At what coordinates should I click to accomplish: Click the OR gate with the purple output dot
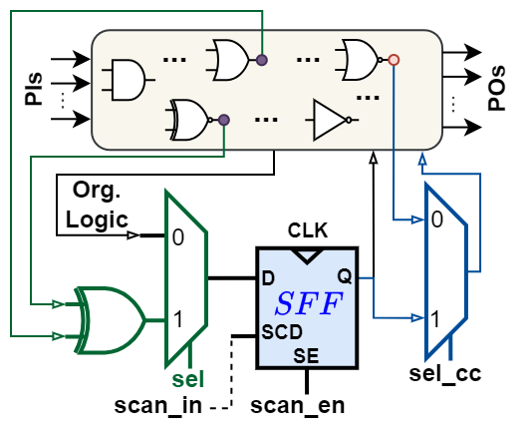click(229, 60)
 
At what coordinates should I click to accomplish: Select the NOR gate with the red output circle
click(359, 60)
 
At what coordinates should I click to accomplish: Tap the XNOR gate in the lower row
click(190, 119)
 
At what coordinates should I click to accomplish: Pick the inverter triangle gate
click(330, 119)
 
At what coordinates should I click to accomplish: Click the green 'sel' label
click(187, 379)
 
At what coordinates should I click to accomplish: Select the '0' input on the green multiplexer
click(177, 237)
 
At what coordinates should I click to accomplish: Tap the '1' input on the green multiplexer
click(177, 320)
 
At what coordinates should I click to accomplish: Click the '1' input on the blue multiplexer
click(435, 319)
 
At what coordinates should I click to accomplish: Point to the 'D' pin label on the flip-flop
click(267, 277)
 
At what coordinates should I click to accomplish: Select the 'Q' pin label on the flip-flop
click(344, 276)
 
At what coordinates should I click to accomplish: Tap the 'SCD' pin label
click(278, 331)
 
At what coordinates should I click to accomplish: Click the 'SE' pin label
click(306, 354)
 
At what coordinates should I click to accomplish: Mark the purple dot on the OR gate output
click(261, 60)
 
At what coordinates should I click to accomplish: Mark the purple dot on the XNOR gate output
click(223, 120)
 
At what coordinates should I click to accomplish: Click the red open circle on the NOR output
click(394, 60)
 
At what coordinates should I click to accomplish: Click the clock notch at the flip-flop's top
click(306, 255)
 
